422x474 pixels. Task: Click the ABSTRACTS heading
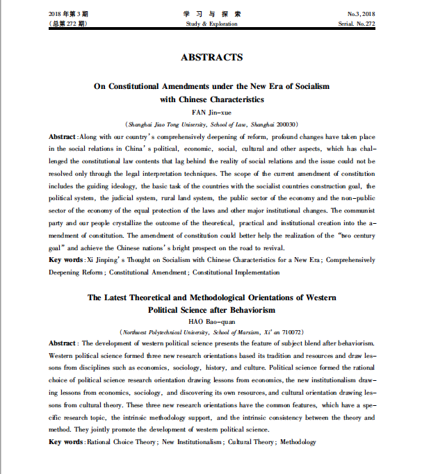(x=211, y=58)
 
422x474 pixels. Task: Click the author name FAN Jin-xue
(x=211, y=111)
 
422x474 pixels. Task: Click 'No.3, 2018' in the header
(x=360, y=14)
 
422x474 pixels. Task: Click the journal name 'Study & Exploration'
(x=211, y=24)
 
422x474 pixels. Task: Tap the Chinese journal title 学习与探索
(x=211, y=14)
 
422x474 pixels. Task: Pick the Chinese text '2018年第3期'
(x=68, y=14)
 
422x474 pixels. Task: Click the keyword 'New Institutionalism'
(x=193, y=442)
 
